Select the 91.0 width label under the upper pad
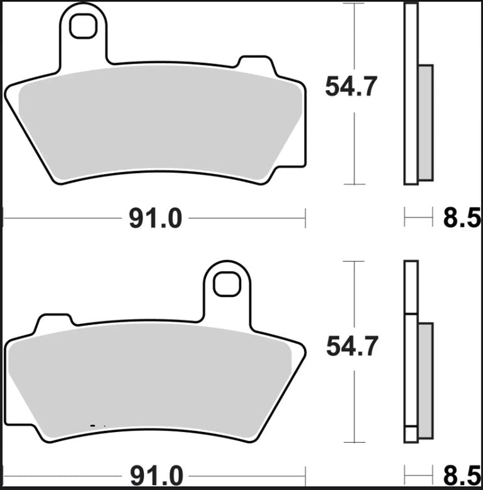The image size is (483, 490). pos(155,219)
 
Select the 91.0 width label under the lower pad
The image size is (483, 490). pos(155,474)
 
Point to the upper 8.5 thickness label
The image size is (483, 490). pos(462,219)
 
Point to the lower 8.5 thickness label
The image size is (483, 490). pos(462,474)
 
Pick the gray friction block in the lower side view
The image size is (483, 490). pos(426,381)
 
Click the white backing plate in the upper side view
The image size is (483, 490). pos(411,94)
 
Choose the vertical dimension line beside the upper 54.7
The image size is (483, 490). pos(355,145)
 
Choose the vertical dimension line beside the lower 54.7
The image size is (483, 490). pos(355,403)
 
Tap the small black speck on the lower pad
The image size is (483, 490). pos(94,426)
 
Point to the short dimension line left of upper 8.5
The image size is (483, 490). pos(418,219)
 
